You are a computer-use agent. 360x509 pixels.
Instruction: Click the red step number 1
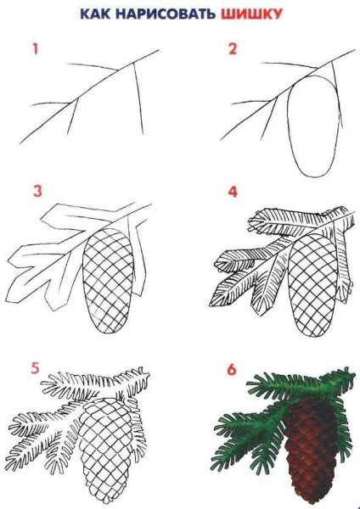coord(36,49)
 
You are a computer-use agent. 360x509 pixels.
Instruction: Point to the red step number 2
coord(231,49)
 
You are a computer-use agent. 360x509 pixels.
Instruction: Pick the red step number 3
coord(37,191)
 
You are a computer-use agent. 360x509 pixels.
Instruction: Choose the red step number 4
coord(232,191)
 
